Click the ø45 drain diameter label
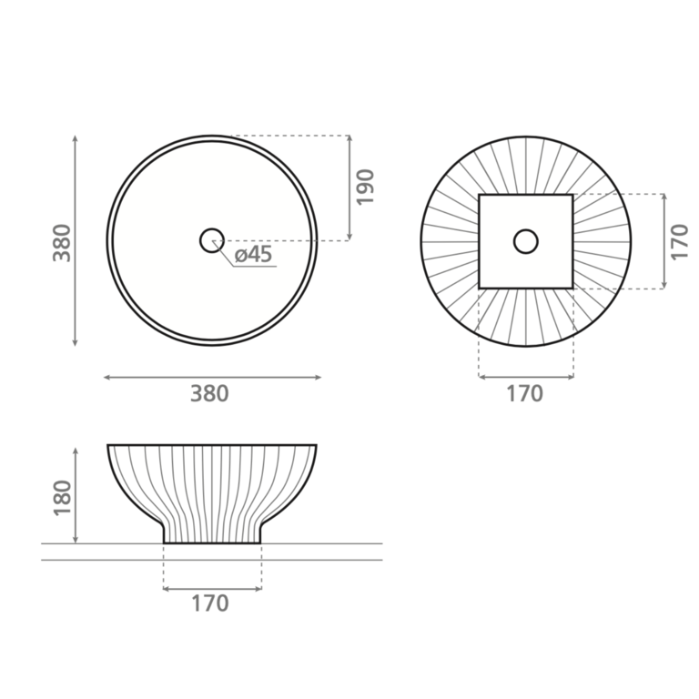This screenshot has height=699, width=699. pos(253,255)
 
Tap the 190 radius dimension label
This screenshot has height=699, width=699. pos(365,187)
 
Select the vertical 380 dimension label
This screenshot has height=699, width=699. pos(62,242)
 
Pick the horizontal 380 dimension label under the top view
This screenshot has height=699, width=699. pos(209,393)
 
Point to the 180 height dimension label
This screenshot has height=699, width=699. pos(62,498)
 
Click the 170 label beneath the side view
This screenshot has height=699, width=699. pos(210,603)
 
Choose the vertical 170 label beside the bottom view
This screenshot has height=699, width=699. pos(680,242)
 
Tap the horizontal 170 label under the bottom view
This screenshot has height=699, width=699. pos(524,393)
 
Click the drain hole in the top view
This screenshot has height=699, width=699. pos(212,240)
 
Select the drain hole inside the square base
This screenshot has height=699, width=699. pos(526,241)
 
